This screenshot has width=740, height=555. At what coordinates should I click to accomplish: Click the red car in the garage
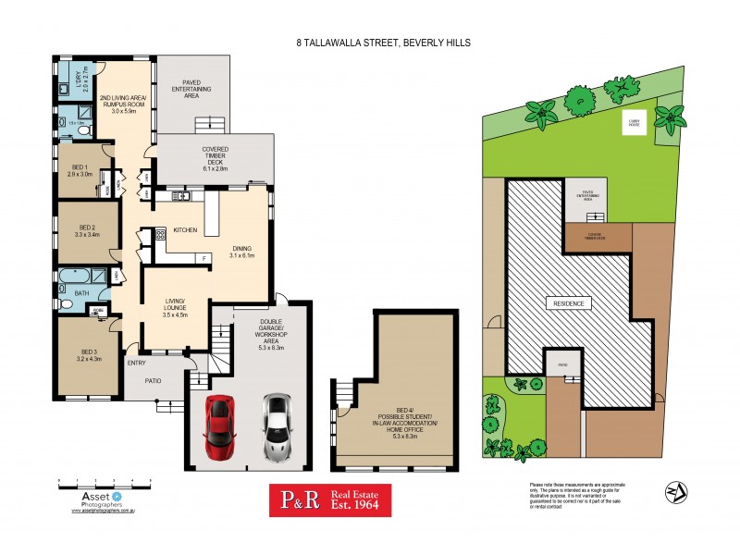[219, 427]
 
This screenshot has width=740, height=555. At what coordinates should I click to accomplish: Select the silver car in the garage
[277, 427]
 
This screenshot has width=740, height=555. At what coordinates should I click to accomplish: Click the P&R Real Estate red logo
[330, 501]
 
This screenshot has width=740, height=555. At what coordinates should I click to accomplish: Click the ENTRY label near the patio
[136, 363]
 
